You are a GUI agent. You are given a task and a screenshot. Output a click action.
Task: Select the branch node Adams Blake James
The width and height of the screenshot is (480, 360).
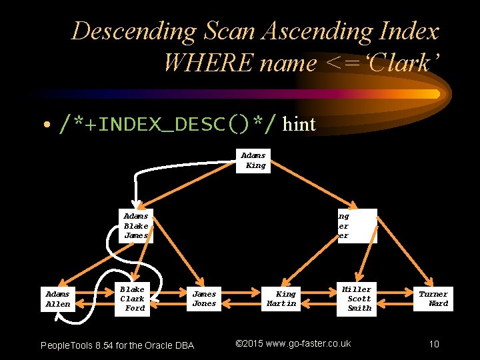pos(136,226)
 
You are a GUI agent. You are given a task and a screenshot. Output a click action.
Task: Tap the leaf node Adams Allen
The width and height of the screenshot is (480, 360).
pos(57,299)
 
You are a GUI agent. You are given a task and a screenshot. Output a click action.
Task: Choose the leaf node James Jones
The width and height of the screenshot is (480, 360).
pos(204,299)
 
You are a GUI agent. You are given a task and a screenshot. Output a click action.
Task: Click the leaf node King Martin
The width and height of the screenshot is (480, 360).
pos(282,299)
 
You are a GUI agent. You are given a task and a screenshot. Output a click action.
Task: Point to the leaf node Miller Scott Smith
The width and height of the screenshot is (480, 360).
pos(358,299)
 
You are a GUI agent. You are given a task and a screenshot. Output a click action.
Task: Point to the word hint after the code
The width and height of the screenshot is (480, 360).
pos(299,123)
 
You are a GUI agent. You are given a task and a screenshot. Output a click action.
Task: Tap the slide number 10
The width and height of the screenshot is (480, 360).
pos(434,344)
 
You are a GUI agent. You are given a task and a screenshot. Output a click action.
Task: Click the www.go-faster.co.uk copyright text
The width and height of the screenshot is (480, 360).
pos(293,343)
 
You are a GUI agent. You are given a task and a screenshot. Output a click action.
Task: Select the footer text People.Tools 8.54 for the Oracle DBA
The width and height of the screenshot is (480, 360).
pos(117,345)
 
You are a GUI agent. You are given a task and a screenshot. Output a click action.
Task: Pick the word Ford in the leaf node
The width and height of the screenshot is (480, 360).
pos(135,308)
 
